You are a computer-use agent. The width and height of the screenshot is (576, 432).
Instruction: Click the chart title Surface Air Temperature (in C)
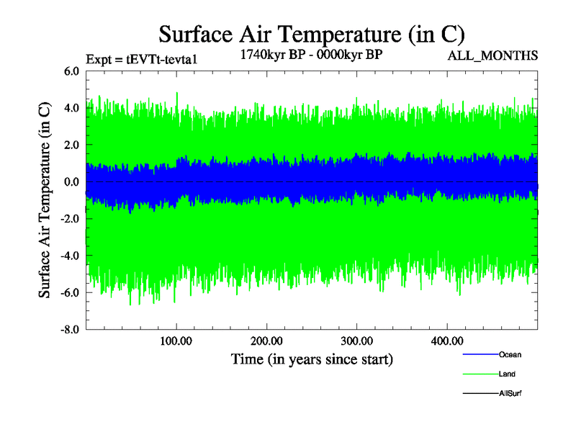point(312,34)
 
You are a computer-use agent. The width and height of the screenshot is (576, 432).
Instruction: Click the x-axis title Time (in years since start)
point(312,358)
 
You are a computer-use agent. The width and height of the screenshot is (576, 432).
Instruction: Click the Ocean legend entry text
point(510,354)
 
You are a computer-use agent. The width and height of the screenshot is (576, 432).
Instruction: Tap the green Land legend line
point(480,374)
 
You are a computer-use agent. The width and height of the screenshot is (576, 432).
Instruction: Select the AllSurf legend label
point(511,393)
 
